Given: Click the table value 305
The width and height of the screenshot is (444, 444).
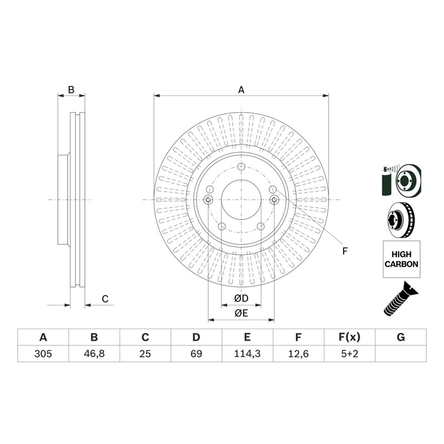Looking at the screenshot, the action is [43, 354].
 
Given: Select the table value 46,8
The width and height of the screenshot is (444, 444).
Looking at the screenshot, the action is [94, 354].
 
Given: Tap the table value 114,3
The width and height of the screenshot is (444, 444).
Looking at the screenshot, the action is [247, 354].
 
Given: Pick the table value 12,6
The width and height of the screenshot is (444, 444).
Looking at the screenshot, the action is [298, 354].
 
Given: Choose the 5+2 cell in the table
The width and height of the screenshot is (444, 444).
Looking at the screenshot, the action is [350, 354].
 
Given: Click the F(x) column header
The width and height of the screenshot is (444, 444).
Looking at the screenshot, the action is [350, 337].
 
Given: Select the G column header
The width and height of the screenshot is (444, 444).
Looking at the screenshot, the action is [401, 337].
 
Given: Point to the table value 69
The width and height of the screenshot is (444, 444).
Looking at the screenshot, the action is [196, 354].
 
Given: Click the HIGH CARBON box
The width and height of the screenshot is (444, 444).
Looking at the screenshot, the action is [401, 259].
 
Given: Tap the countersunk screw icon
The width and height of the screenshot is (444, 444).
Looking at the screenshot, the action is [401, 299].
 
